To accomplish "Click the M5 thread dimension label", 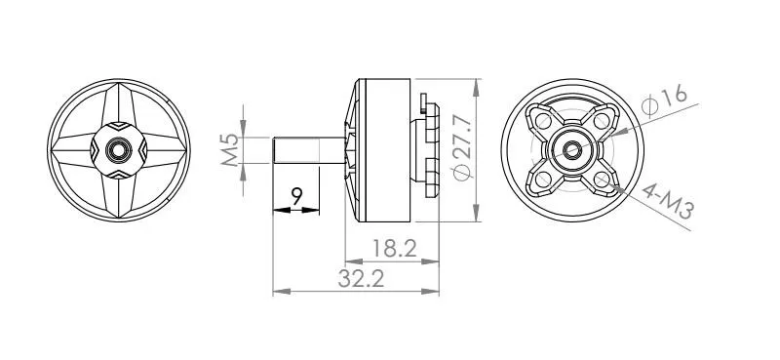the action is click(x=230, y=150).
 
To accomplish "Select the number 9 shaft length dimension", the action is click(x=297, y=197).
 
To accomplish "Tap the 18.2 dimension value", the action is click(x=394, y=248).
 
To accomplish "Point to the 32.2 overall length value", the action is click(x=361, y=278).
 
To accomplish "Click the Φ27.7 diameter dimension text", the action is click(x=462, y=147).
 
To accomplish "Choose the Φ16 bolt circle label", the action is click(x=665, y=101).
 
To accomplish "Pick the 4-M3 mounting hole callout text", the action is click(x=668, y=202).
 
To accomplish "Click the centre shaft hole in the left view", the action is click(x=118, y=150).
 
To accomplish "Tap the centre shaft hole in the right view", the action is click(x=572, y=150).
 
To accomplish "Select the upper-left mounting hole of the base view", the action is click(x=543, y=121).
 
